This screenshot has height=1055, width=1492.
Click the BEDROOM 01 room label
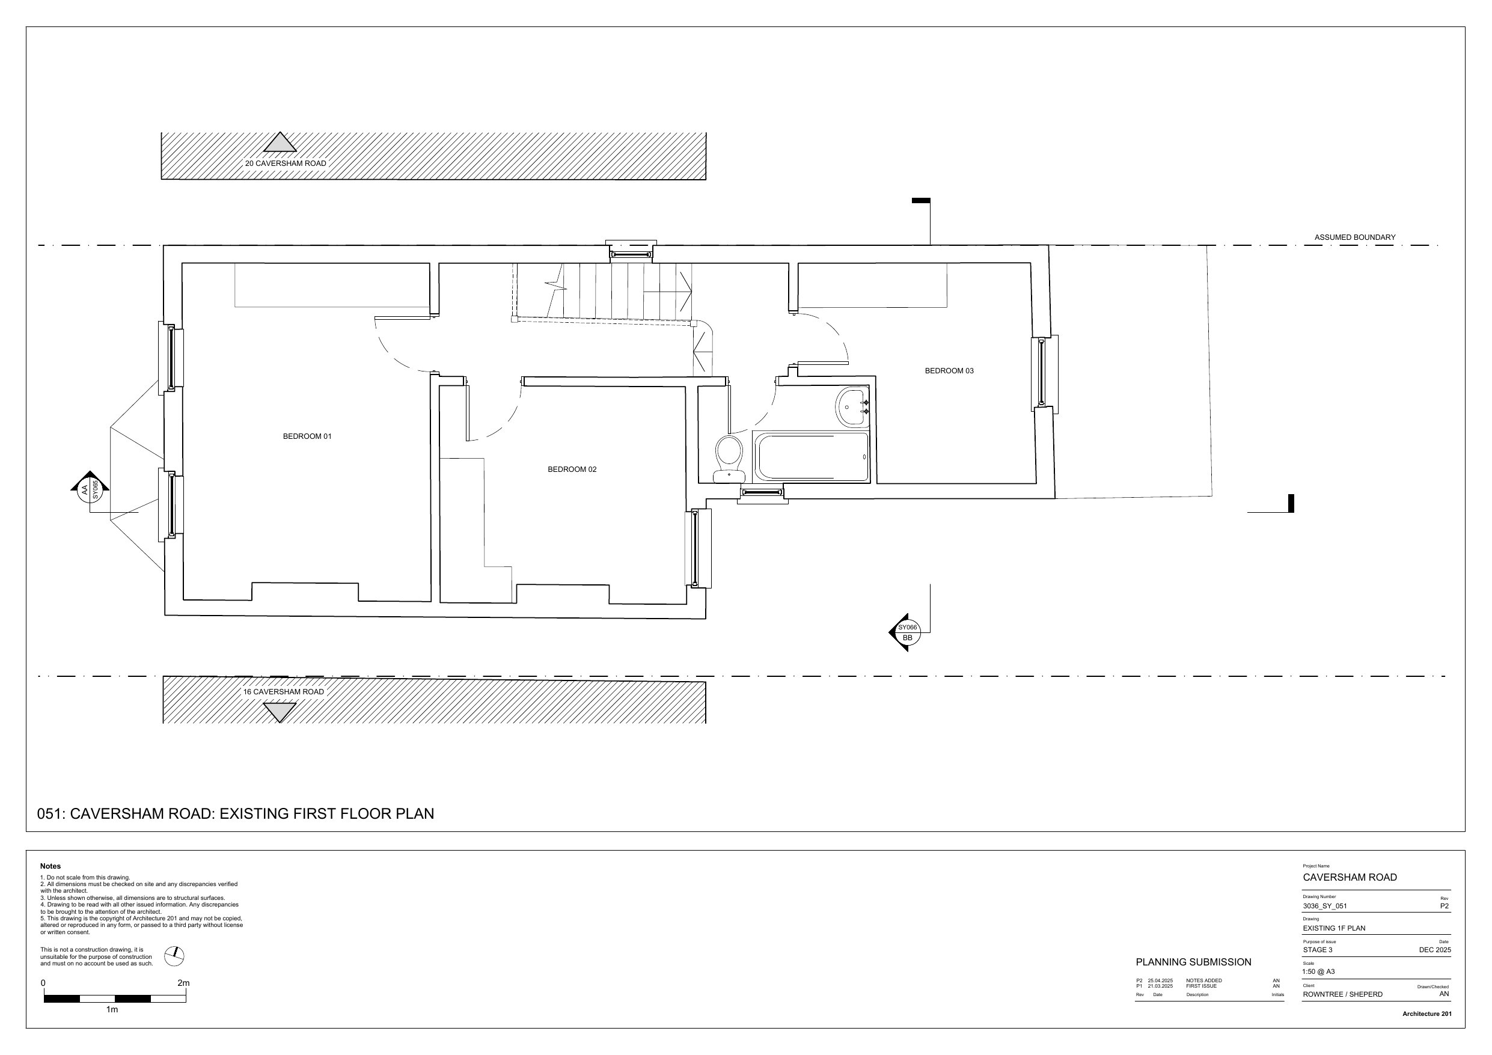click(307, 436)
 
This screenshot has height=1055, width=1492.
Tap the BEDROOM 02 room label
click(572, 469)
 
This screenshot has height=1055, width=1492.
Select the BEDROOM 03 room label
click(949, 371)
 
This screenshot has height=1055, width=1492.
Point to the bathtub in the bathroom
click(811, 457)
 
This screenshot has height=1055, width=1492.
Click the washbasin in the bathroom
click(852, 407)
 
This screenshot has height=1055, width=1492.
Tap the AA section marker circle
click(90, 489)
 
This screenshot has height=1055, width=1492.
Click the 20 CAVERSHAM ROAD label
click(286, 163)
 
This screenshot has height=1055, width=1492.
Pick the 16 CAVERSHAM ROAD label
click(283, 692)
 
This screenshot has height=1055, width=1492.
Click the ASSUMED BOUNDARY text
click(1355, 237)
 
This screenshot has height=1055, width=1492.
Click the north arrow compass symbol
click(174, 956)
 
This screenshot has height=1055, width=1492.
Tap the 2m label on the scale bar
click(183, 983)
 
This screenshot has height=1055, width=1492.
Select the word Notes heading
click(50, 866)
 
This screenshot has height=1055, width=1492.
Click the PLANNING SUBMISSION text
click(1193, 962)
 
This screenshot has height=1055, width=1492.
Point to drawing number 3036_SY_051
click(1324, 906)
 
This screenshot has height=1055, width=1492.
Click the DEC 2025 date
click(1435, 950)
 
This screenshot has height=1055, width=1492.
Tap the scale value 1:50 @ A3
click(1318, 972)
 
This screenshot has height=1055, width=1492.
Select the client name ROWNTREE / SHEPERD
click(1342, 994)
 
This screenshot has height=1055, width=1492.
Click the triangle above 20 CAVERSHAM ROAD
click(280, 143)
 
